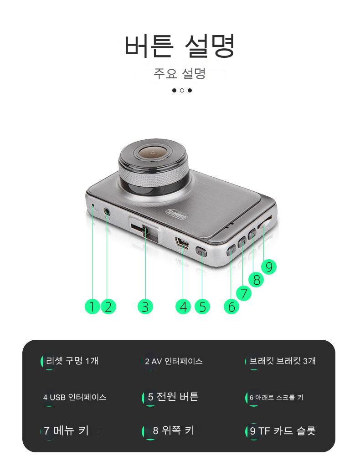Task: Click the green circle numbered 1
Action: (92, 306)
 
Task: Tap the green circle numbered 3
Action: (145, 306)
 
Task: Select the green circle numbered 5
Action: (202, 306)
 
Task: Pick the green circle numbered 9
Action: (269, 267)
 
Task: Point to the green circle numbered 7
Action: (244, 293)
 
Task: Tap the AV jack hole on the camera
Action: (107, 211)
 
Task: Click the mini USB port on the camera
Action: (182, 242)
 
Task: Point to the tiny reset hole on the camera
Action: (93, 205)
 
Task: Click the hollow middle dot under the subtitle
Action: (182, 90)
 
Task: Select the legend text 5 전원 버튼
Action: (173, 396)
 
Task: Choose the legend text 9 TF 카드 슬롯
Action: (283, 431)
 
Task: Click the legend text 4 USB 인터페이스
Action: (75, 397)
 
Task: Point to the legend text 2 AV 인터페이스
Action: (174, 361)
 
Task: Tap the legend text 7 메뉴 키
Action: (66, 430)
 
